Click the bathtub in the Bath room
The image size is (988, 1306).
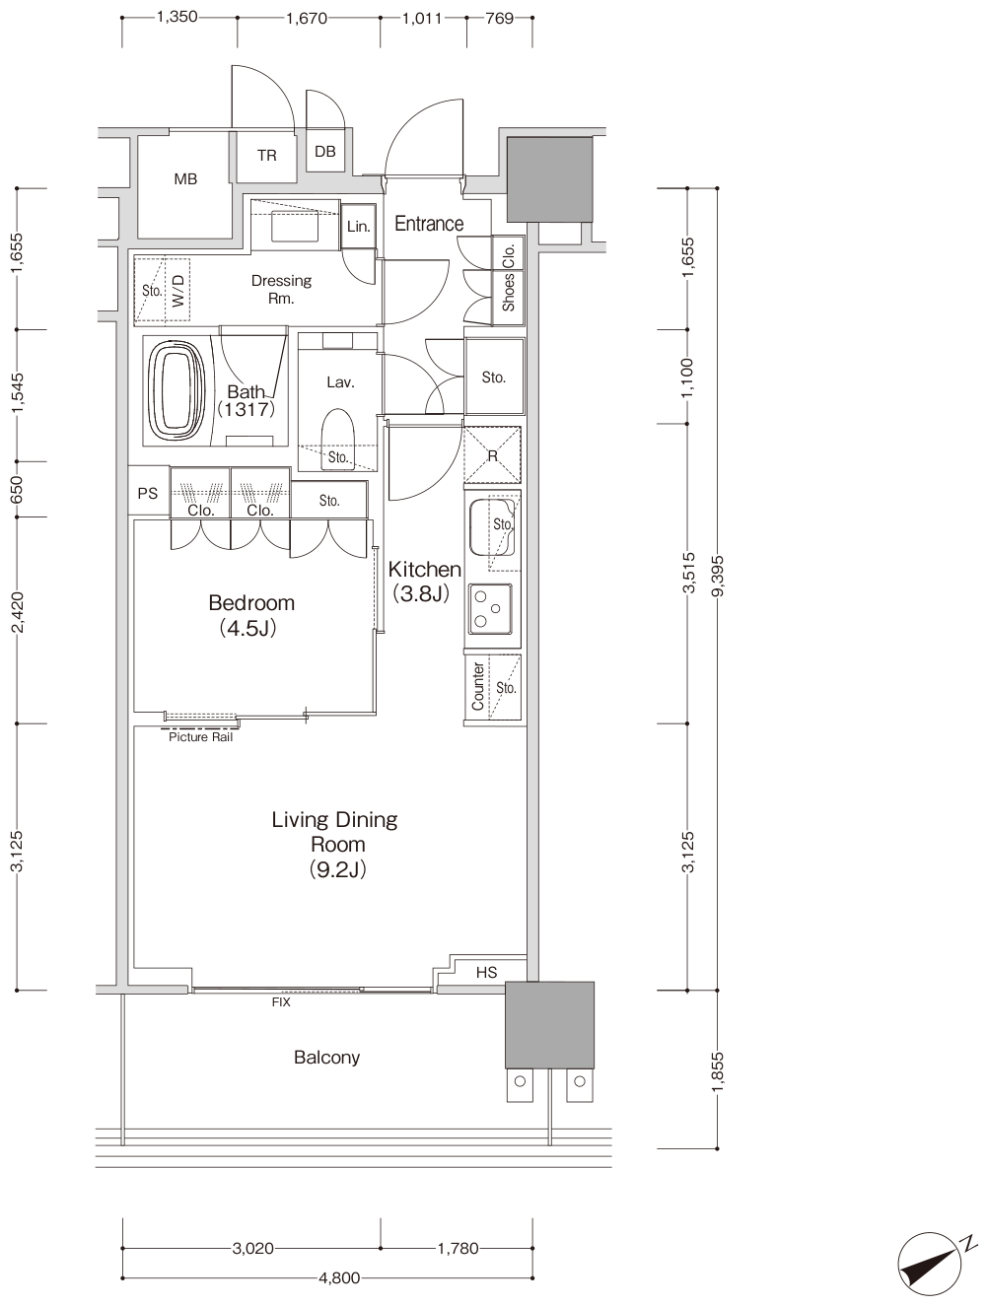click(176, 391)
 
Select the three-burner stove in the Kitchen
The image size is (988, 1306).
click(491, 609)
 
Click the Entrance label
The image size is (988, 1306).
click(429, 224)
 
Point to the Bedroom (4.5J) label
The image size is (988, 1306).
click(250, 615)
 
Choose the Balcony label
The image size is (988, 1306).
click(326, 1058)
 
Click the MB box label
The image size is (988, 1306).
click(185, 179)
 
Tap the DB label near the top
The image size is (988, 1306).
click(325, 152)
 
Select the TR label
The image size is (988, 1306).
click(266, 156)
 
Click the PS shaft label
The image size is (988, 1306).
click(148, 493)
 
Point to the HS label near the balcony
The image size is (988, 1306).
click(486, 972)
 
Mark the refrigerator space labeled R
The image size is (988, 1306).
click(492, 455)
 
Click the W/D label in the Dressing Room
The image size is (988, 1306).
click(178, 291)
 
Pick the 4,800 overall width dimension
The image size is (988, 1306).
click(339, 1277)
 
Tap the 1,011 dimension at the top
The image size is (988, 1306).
click(422, 19)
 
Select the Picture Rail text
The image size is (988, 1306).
click(200, 737)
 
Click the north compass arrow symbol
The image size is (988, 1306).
click(930, 1264)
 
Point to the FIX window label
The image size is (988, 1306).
click(281, 1002)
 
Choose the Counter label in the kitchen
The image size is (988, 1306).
click(477, 687)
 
